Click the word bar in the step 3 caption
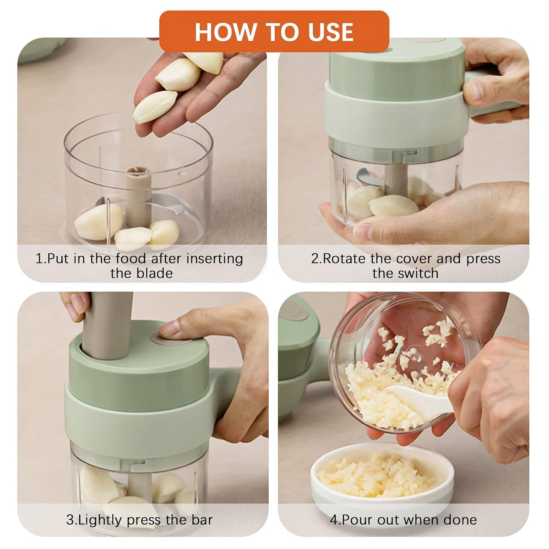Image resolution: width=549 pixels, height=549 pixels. (202, 520)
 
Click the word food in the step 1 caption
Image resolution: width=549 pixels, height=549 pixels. (131, 259)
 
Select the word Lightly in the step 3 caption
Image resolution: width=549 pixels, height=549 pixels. (101, 520)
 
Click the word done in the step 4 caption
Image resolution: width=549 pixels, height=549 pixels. (460, 520)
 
